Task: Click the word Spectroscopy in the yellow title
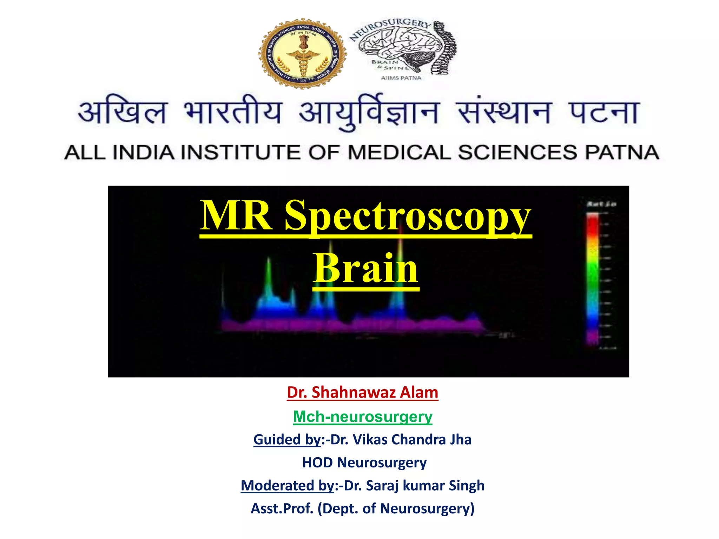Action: pyautogui.click(x=407, y=217)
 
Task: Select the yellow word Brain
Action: pyautogui.click(x=366, y=269)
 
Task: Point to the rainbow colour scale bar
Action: pyautogui.click(x=593, y=279)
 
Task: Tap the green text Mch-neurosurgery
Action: pyautogui.click(x=363, y=417)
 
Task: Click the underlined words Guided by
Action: pyautogui.click(x=287, y=440)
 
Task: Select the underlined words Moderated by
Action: pyautogui.click(x=287, y=486)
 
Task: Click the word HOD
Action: pyautogui.click(x=317, y=463)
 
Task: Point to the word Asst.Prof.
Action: pyautogui.click(x=282, y=508)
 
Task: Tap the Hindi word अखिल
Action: pyautogui.click(x=122, y=112)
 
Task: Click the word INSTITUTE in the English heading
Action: pyautogui.click(x=242, y=153)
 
